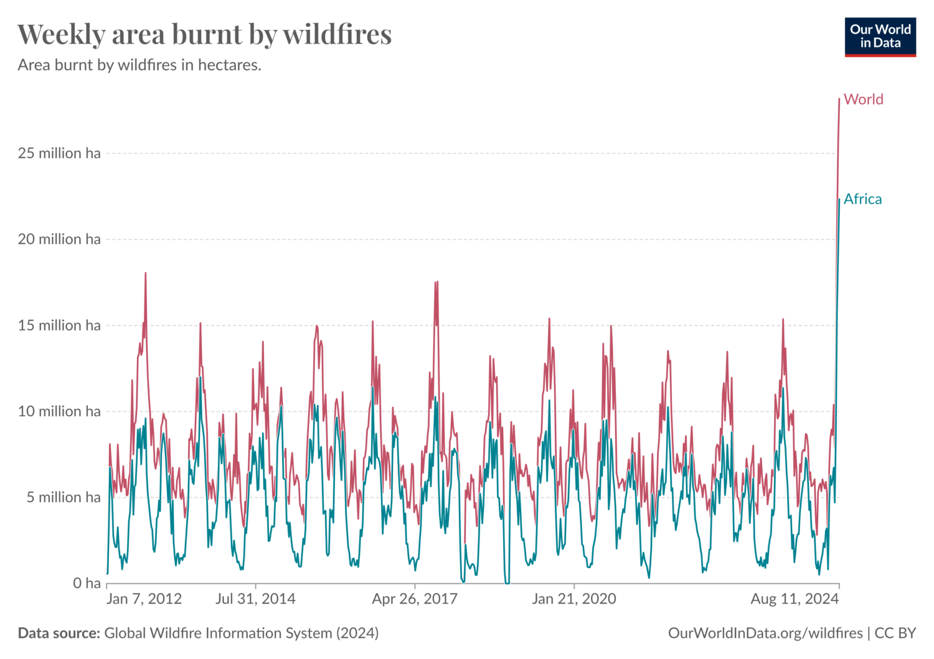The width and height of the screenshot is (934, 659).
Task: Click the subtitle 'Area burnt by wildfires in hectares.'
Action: pyautogui.click(x=139, y=65)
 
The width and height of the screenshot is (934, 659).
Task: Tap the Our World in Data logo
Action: pyautogui.click(x=880, y=37)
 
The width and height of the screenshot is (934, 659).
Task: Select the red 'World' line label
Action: pyautogui.click(x=863, y=100)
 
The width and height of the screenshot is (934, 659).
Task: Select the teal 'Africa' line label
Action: pyautogui.click(x=862, y=199)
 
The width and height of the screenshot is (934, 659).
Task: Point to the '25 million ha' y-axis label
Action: pyautogui.click(x=59, y=153)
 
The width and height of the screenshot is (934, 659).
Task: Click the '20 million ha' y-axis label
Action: pyautogui.click(x=59, y=239)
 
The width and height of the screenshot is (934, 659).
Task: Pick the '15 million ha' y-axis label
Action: pyautogui.click(x=59, y=325)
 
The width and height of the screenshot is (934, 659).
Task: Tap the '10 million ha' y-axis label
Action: pyautogui.click(x=59, y=411)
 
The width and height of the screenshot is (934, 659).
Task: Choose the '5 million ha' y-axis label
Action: pyautogui.click(x=63, y=497)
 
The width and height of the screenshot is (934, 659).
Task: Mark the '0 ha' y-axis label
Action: pyautogui.click(x=87, y=583)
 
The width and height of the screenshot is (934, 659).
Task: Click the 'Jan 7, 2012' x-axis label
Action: pyautogui.click(x=144, y=599)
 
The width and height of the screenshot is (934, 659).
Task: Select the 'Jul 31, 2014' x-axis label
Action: pyautogui.click(x=255, y=599)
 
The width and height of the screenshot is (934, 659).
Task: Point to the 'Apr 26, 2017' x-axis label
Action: pyautogui.click(x=415, y=599)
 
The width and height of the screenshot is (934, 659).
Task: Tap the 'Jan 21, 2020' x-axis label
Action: pyautogui.click(x=573, y=599)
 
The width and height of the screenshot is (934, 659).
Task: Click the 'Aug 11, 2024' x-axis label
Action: pyautogui.click(x=795, y=599)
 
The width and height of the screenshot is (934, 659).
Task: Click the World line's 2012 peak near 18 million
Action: pyautogui.click(x=146, y=273)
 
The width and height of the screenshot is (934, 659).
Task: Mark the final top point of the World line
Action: pyautogui.click(x=839, y=100)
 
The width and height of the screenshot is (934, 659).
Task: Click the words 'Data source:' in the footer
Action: pyautogui.click(x=59, y=633)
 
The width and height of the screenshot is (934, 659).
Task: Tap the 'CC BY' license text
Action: pyautogui.click(x=895, y=633)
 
